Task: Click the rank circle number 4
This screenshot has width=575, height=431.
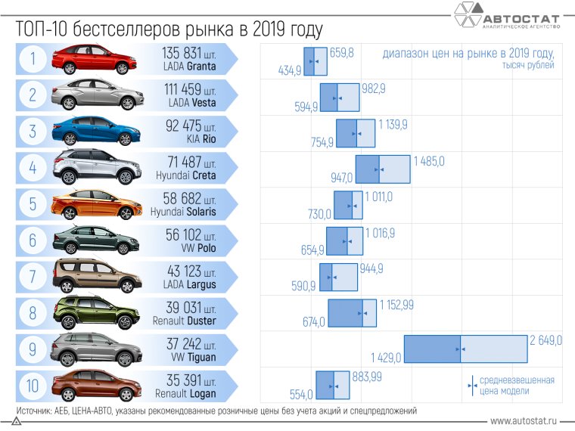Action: tap(33, 168)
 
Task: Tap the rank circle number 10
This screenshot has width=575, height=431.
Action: tap(33, 386)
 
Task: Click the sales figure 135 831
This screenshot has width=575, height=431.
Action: tap(188, 53)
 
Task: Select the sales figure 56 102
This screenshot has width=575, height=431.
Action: tap(189, 235)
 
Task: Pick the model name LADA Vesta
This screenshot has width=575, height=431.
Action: tap(192, 102)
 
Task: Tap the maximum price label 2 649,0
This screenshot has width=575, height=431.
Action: tap(545, 341)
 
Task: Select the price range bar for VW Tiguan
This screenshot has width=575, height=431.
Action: tap(465, 349)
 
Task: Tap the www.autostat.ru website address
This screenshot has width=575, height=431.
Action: tap(524, 420)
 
